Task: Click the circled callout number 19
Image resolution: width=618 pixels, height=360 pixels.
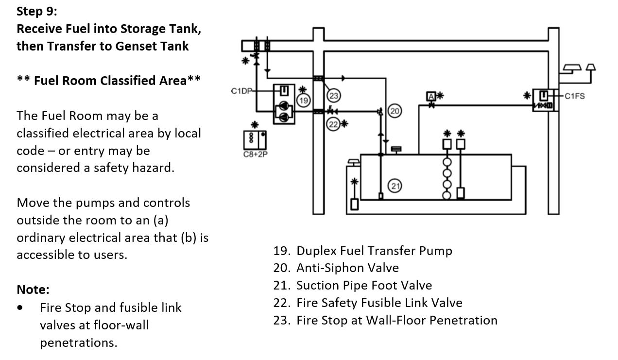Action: tap(304, 101)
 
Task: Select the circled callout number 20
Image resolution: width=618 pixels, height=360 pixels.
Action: tap(395, 111)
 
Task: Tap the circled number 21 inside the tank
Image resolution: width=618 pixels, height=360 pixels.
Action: tap(395, 186)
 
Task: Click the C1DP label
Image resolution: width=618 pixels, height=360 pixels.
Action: tap(240, 91)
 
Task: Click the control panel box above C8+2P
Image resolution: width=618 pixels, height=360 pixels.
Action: tap(255, 140)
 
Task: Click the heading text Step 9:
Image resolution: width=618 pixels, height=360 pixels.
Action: tap(36, 11)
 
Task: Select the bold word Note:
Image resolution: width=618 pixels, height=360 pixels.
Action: tap(33, 290)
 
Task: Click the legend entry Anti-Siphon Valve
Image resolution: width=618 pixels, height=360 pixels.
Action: tap(347, 268)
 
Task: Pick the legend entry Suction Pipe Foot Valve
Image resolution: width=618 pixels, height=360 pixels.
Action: tap(364, 285)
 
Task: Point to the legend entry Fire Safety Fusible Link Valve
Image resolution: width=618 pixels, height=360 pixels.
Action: tap(379, 303)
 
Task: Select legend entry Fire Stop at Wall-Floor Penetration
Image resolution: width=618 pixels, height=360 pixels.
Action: tap(396, 320)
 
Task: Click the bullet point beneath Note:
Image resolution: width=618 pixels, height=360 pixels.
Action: tap(19, 308)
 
